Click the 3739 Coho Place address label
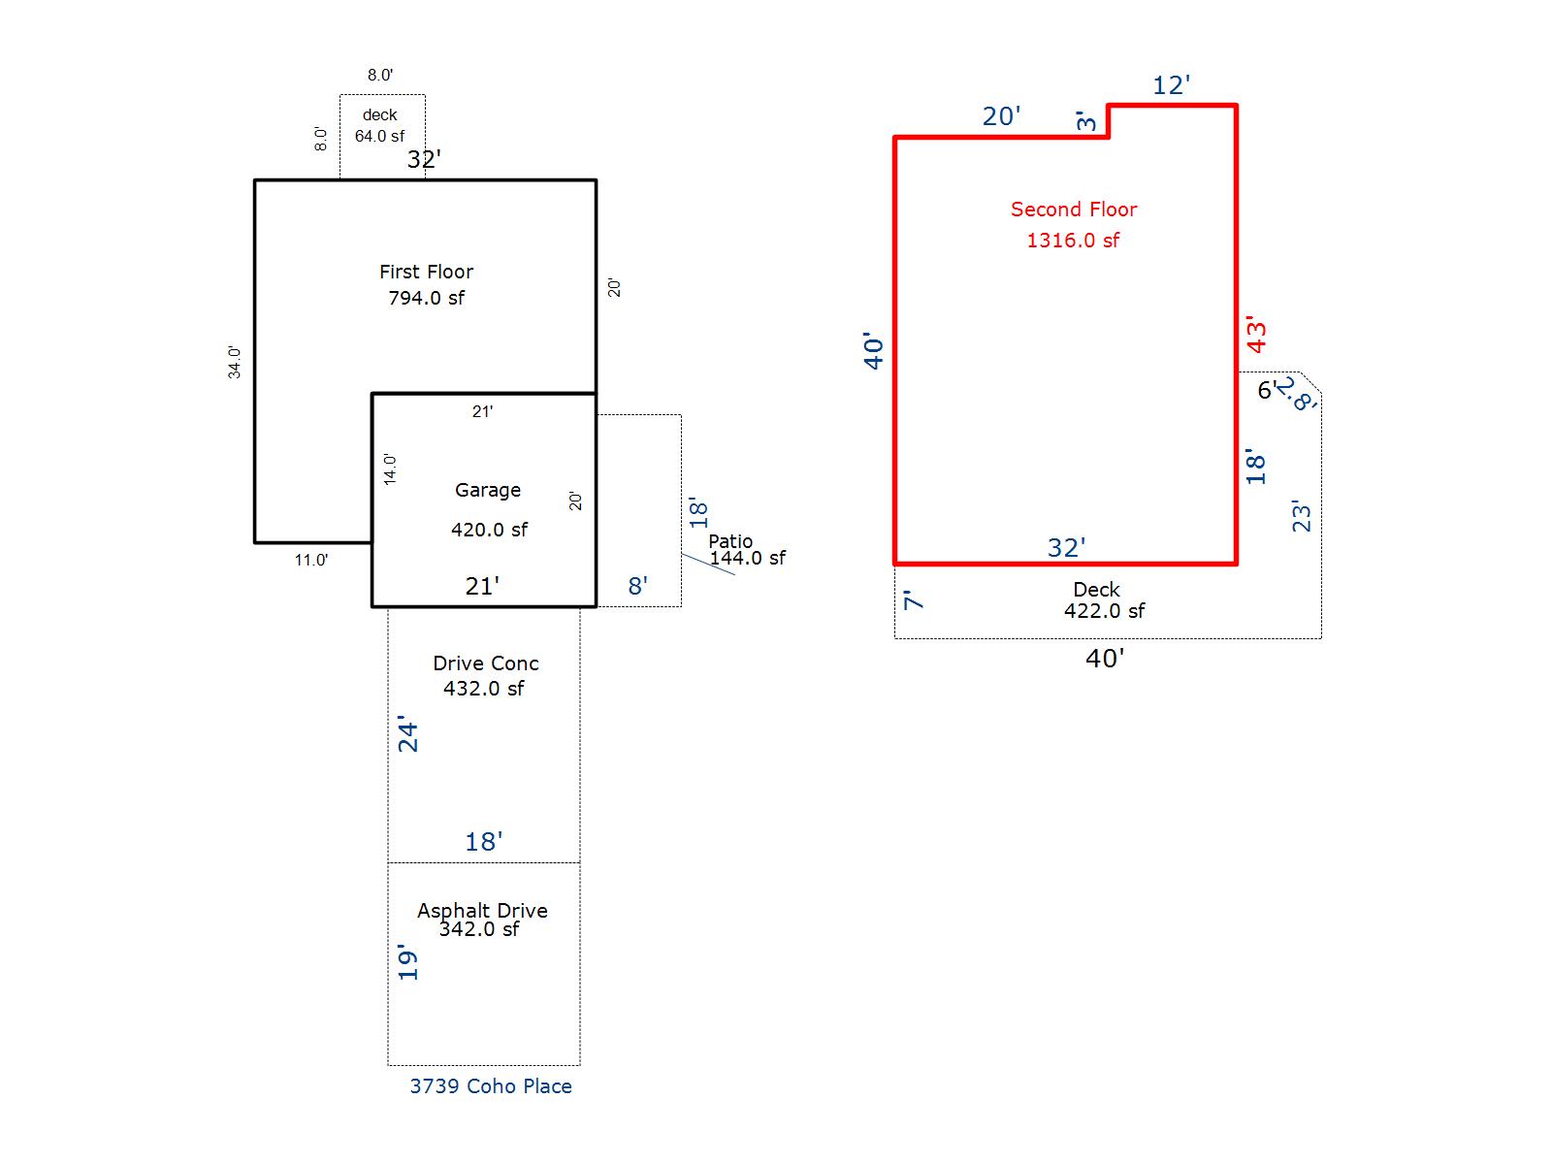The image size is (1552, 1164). pyautogui.click(x=491, y=1086)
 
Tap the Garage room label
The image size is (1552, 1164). pyautogui.click(x=488, y=491)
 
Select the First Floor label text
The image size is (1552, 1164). pyautogui.click(x=426, y=273)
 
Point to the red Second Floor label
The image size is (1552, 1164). pyautogui.click(x=1074, y=210)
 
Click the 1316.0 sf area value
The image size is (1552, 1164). pyautogui.click(x=1073, y=241)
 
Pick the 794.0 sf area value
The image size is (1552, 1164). pyautogui.click(x=426, y=299)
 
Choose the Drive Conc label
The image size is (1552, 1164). pyautogui.click(x=486, y=664)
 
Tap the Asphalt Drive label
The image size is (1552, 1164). pyautogui.click(x=482, y=911)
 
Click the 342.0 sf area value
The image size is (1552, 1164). pyautogui.click(x=479, y=929)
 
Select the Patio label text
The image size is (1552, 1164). pyautogui.click(x=730, y=541)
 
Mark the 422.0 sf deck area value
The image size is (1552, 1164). pyautogui.click(x=1104, y=611)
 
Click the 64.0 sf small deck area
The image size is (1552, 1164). pyautogui.click(x=379, y=137)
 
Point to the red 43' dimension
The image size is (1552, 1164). pyautogui.click(x=1257, y=335)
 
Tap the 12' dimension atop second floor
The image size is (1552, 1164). pyautogui.click(x=1171, y=85)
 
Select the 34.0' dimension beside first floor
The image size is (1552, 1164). pyautogui.click(x=235, y=362)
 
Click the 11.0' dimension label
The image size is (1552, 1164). pyautogui.click(x=311, y=560)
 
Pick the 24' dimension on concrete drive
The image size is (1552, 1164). pyautogui.click(x=408, y=736)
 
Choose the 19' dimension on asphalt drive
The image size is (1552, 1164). pyautogui.click(x=408, y=962)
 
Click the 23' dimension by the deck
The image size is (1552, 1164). pyautogui.click(x=1302, y=515)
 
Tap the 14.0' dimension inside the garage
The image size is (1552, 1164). pyautogui.click(x=390, y=469)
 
